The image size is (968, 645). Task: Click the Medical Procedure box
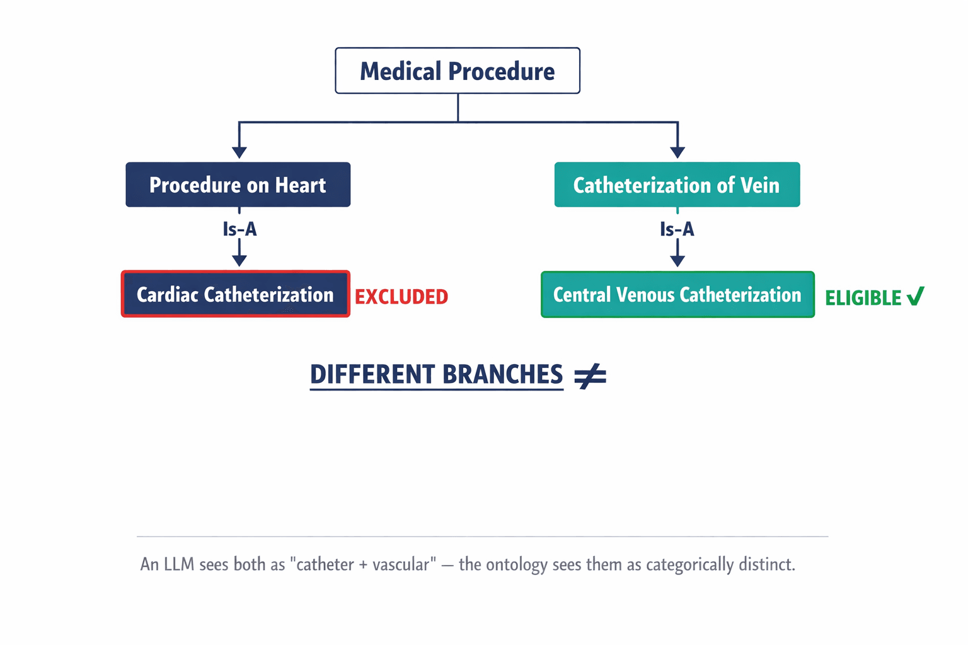click(x=457, y=71)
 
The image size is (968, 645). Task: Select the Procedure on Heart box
click(x=238, y=185)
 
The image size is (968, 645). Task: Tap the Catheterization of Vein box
click(x=677, y=185)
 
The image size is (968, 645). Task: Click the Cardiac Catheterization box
click(x=235, y=294)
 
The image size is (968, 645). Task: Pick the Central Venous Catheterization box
click(x=677, y=294)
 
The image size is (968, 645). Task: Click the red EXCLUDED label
click(x=401, y=297)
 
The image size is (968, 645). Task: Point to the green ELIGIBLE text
click(x=863, y=298)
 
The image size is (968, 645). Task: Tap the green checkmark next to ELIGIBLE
click(x=916, y=295)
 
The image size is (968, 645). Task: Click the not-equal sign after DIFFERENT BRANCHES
click(x=590, y=376)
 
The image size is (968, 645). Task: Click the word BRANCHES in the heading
click(x=502, y=374)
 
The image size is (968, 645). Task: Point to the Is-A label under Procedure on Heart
click(x=239, y=229)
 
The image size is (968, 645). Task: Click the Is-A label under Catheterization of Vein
click(x=677, y=229)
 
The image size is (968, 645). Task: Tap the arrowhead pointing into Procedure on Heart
click(x=239, y=152)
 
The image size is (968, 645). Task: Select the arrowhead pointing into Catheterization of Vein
click(x=677, y=152)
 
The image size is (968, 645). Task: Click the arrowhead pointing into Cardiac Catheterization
click(x=239, y=260)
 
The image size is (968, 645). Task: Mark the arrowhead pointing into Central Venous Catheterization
click(x=677, y=260)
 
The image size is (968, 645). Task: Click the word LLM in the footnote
click(x=180, y=564)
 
